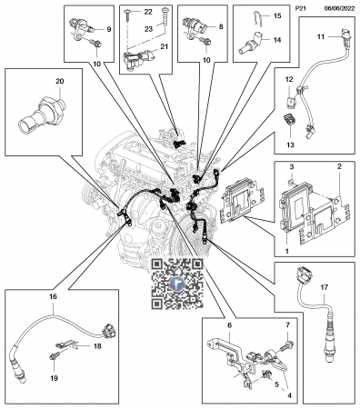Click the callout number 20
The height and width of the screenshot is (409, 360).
[x=60, y=81]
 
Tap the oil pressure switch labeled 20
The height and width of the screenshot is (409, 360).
[x=42, y=115]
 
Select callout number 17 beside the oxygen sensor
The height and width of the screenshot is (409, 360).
[x=324, y=287]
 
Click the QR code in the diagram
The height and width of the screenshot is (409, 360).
[x=177, y=284]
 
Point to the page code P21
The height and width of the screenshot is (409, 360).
[x=301, y=8]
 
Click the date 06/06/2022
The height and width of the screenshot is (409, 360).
[x=339, y=8]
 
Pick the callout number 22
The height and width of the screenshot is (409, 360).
[x=148, y=12]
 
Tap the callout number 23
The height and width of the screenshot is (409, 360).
[x=148, y=29]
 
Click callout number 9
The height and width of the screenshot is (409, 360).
[x=109, y=29]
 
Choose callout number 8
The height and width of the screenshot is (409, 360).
[x=221, y=26]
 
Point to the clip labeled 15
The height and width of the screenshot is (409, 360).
[x=257, y=18]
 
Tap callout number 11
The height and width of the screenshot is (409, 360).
[x=321, y=36]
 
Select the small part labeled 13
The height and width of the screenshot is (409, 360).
[x=289, y=120]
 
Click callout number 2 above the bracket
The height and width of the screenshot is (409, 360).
[x=339, y=166]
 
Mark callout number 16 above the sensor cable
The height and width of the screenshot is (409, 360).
[x=53, y=297]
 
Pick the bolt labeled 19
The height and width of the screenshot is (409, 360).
[x=54, y=357]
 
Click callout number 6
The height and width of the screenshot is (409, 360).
[x=229, y=325]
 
